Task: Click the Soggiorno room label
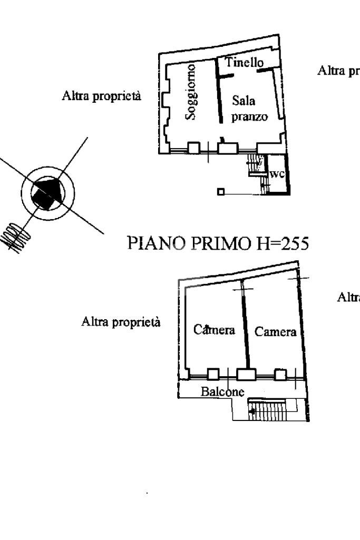point(192,92)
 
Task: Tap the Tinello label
point(245,62)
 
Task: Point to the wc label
point(277,174)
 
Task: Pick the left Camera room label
point(213,331)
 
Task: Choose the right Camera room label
point(275,332)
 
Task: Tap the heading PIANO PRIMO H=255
point(218,243)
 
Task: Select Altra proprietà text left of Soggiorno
point(102,97)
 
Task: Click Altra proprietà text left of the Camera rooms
point(121,322)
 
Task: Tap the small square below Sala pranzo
point(221,192)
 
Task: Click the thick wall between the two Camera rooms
point(246,327)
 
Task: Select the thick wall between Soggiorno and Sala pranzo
point(220,92)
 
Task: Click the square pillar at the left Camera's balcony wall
point(213,374)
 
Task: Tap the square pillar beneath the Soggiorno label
point(193,147)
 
